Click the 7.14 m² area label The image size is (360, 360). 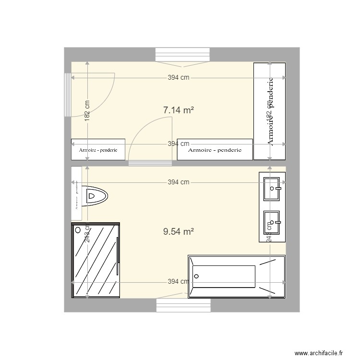pyautogui.click(x=178, y=110)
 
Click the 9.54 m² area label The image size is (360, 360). pyautogui.click(x=178, y=231)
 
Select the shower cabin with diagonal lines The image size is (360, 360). pyautogui.click(x=96, y=260)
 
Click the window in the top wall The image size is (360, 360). pyautogui.click(x=183, y=55)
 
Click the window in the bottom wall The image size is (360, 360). pyautogui.click(x=183, y=305)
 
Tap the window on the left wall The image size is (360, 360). pyautogui.click(x=67, y=95)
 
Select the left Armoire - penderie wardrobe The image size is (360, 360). pyautogui.click(x=98, y=149)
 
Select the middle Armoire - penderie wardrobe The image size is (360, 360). pyautogui.click(x=215, y=149)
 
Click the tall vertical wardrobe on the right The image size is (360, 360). pyautogui.click(x=269, y=110)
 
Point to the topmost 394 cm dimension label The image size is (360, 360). pyautogui.click(x=178, y=78)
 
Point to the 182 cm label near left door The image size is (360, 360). pyautogui.click(x=87, y=111)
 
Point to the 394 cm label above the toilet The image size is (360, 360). pyautogui.click(x=178, y=182)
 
